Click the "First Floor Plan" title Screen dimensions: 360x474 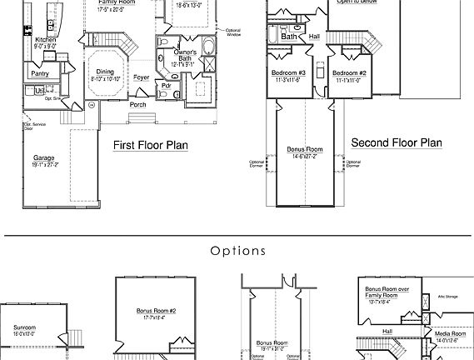coord(150,146)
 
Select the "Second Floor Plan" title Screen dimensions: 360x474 coord(396,142)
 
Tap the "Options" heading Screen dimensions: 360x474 coord(237,250)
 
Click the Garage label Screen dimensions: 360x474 coord(44,157)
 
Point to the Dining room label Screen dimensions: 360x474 coord(104,72)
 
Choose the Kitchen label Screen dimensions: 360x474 coord(45,39)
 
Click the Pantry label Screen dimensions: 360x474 coord(39,73)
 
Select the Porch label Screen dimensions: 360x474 coord(138,105)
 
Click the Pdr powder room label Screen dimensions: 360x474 coord(167,85)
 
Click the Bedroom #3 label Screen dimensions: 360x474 coord(289,73)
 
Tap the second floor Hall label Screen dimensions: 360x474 coord(313,37)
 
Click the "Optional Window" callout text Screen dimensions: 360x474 coord(232,32)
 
